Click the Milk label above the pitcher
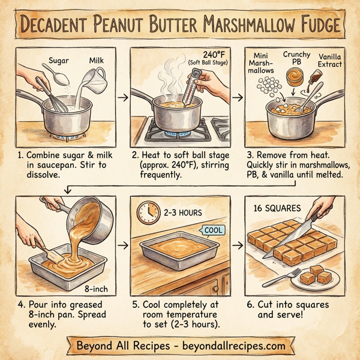point(97,61)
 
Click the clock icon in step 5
point(146,212)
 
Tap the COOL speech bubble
point(214,229)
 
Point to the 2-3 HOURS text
point(183,212)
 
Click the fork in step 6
point(282,277)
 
